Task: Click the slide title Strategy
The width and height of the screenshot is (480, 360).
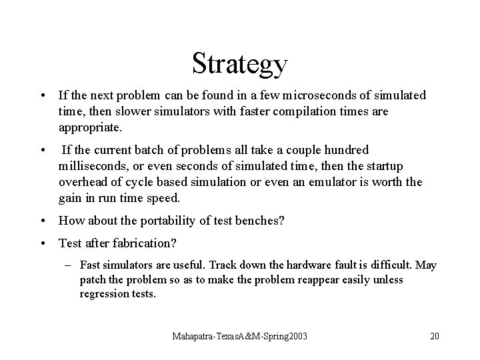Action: (240, 64)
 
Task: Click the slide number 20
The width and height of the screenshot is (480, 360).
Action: (435, 337)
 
